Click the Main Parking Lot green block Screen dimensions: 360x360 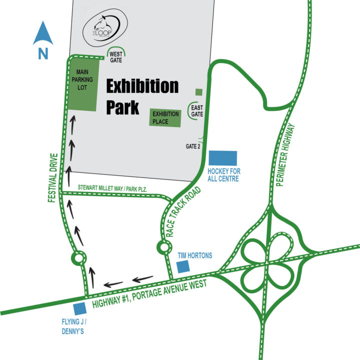[83, 83]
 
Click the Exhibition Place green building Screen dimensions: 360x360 [165, 117]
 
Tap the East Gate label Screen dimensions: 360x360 [196, 110]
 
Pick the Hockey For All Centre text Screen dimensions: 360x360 [223, 175]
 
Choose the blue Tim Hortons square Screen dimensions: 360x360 [183, 265]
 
